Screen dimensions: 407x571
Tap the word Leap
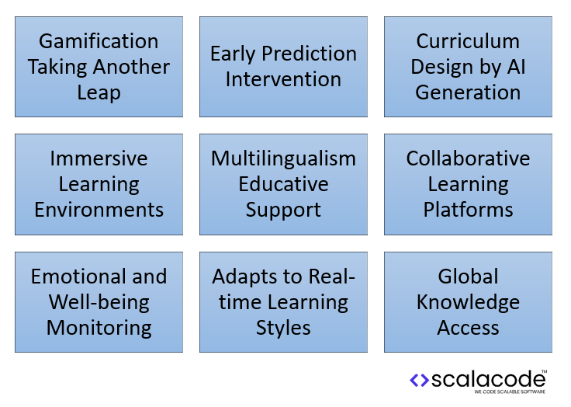coord(99,92)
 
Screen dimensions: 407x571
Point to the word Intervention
coord(283,79)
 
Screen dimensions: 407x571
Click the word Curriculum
coord(468,41)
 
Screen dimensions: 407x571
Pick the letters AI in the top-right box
coord(514,67)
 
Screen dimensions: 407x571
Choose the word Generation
coord(468,92)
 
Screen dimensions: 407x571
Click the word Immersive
coord(99,158)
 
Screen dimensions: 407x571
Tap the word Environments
coord(99,210)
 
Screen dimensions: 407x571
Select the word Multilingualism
coord(283,158)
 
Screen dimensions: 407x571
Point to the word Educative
coord(283,184)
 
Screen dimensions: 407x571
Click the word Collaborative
coord(468,158)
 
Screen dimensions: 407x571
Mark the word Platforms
coord(468,210)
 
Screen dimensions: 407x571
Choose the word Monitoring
coord(99,327)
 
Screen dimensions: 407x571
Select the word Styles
coord(283,327)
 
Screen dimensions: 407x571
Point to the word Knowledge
coord(468,302)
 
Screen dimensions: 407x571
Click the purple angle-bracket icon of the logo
coord(419,380)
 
